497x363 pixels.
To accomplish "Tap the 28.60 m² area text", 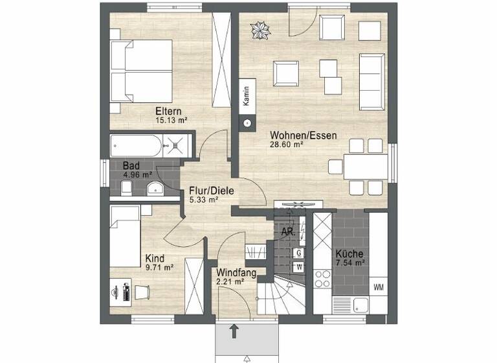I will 287,145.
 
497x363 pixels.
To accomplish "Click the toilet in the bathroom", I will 128,188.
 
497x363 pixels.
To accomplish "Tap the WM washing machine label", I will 378,287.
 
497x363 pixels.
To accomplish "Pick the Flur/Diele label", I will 211,191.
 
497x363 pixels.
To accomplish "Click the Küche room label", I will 349,253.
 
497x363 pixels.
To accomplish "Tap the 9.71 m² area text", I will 159,266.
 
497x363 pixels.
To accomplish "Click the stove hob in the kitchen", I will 322,279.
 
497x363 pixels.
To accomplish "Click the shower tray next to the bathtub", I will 179,145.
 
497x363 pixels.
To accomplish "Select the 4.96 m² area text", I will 138,174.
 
